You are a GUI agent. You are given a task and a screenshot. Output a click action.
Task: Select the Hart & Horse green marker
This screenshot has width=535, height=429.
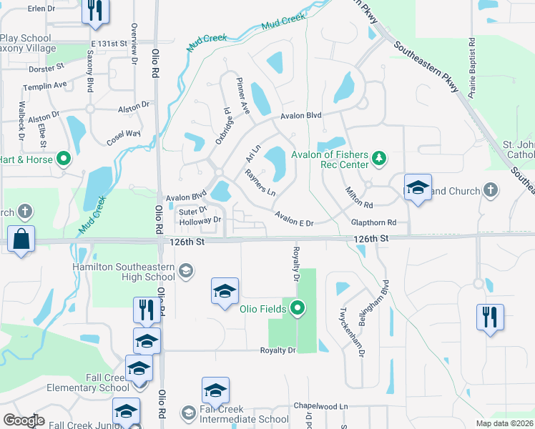64,159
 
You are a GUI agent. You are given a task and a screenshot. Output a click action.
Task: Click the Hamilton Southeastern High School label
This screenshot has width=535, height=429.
127,272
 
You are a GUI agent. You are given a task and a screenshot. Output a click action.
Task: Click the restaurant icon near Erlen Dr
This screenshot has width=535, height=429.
94,11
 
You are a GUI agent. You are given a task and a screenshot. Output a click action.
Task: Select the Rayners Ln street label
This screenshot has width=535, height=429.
260,183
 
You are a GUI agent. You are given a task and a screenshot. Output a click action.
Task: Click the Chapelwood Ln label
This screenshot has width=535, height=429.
320,405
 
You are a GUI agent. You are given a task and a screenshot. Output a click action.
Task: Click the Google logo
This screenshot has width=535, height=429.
24,420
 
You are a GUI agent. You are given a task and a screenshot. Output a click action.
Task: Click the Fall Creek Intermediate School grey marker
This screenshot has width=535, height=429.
188,413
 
